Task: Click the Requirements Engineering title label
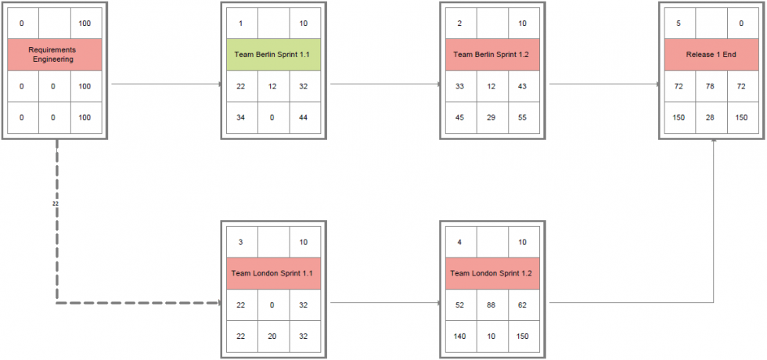[x=54, y=54]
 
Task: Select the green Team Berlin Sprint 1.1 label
[x=273, y=54]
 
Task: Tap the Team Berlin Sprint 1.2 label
[x=492, y=54]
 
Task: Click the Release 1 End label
[x=711, y=54]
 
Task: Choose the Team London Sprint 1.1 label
[x=273, y=273]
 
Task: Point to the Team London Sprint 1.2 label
[x=492, y=273]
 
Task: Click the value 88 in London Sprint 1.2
[x=492, y=304]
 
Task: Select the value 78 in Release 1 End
[x=711, y=85]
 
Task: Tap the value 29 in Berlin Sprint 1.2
[x=492, y=117]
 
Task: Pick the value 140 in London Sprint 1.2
[x=459, y=336]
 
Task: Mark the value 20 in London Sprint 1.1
[x=272, y=336]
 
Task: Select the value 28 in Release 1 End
[x=711, y=117]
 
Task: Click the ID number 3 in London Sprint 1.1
[x=240, y=242]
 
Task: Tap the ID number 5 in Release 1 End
[x=679, y=23]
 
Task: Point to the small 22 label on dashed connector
[x=55, y=203]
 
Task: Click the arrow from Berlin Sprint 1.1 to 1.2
[x=383, y=83]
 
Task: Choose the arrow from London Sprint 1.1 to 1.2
[x=383, y=302]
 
